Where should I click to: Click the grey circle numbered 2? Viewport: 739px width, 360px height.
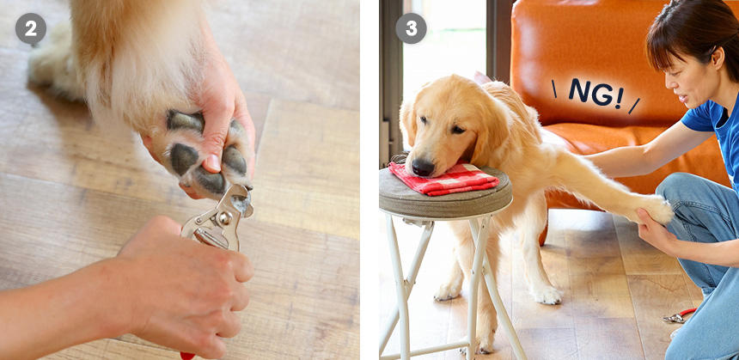coord(31,28)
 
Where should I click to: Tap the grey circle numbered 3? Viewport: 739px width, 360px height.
coord(411,28)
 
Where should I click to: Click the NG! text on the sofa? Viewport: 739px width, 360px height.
coord(595,94)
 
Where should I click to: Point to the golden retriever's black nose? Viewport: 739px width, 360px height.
coord(422,167)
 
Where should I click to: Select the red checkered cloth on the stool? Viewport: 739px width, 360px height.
coord(443,179)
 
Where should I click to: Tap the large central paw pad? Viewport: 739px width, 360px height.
coord(183,159)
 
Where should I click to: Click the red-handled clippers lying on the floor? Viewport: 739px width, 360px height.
coord(679,315)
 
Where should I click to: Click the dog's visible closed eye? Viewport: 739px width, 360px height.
coord(457,130)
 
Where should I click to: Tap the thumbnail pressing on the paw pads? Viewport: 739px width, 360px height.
coord(213,163)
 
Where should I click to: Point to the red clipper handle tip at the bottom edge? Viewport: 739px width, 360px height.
coord(187,356)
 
